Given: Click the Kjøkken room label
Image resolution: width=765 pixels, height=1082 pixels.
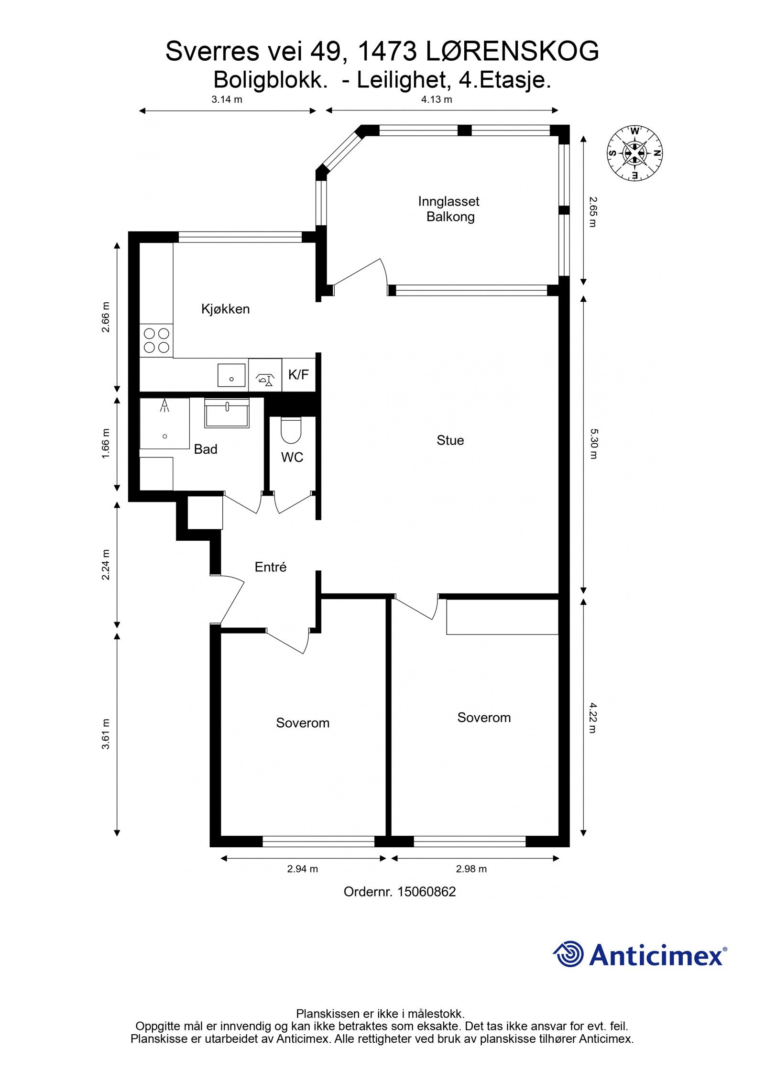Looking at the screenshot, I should (225, 309).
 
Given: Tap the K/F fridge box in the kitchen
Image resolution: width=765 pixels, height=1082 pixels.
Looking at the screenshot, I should (298, 375).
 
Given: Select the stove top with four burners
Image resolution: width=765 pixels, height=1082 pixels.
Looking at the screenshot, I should (156, 340).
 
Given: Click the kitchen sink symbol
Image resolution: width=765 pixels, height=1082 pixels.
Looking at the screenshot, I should (231, 375).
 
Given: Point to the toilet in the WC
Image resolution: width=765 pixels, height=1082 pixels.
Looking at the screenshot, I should (290, 430).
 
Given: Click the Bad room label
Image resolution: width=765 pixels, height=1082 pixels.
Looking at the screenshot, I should (206, 449).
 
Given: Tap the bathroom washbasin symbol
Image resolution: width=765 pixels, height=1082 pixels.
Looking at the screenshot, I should (227, 413).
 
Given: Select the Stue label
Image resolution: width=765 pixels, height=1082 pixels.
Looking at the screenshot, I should (450, 440).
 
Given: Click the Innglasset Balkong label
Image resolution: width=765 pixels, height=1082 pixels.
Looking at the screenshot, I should (448, 209).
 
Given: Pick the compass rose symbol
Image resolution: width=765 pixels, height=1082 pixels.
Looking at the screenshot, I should (634, 153).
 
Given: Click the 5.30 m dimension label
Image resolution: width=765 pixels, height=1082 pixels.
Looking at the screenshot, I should (593, 443).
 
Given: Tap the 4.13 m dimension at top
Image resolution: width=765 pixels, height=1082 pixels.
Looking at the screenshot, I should (436, 99).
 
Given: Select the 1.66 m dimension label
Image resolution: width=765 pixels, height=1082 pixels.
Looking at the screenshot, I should (106, 443).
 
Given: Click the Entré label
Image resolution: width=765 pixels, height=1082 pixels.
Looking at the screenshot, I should (271, 567).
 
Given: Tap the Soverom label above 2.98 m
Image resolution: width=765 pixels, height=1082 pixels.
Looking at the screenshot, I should (484, 717).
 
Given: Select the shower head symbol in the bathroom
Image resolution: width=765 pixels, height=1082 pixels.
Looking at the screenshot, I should (165, 405).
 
